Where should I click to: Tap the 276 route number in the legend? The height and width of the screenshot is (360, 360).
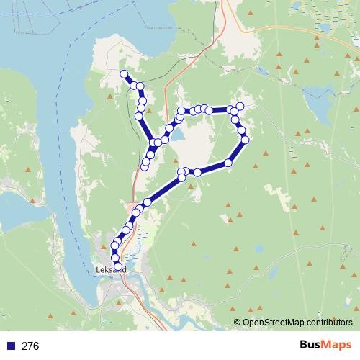(30, 346)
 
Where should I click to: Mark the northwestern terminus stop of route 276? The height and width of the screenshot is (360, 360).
(124, 74)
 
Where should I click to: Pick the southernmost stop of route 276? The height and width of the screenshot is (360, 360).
(118, 266)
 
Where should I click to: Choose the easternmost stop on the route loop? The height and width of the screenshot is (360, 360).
(246, 140)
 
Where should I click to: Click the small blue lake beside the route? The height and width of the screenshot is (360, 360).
(177, 135)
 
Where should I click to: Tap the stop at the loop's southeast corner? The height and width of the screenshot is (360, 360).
(228, 163)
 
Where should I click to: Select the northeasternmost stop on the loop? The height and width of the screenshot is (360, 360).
(240, 107)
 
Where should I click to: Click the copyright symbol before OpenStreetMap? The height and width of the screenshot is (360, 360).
(237, 323)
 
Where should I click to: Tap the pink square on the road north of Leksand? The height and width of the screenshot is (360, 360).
(132, 207)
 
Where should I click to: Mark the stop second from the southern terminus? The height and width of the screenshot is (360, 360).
(114, 258)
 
